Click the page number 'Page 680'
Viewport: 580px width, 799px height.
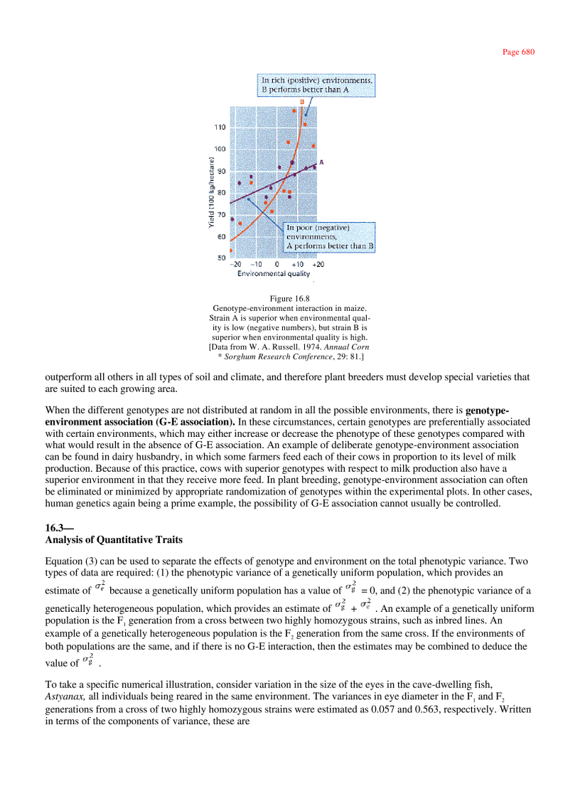pos(517,52)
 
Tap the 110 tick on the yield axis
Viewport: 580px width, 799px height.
pos(220,127)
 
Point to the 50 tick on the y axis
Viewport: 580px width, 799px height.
pos(222,258)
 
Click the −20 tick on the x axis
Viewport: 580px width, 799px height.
pos(237,264)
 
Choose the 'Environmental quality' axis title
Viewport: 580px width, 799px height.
pos(274,273)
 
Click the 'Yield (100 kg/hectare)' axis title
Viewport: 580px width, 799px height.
pos(212,191)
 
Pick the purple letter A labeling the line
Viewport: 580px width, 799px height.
pos(321,162)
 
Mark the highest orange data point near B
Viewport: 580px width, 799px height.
pos(295,110)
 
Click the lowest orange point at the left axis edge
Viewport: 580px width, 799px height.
pos(231,250)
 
